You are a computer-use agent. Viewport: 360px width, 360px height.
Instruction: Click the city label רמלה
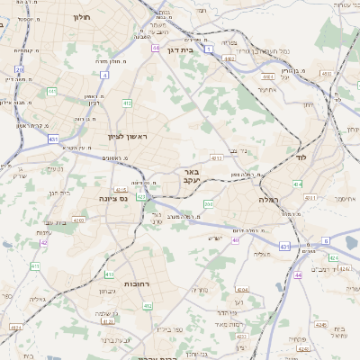[x=269, y=198]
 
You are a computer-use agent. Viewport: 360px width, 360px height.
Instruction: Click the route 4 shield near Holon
[x=104, y=76]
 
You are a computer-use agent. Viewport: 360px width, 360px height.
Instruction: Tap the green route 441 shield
[x=52, y=91]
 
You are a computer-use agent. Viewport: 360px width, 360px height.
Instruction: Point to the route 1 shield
[x=209, y=49]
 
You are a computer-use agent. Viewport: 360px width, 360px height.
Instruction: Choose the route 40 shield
[x=235, y=240]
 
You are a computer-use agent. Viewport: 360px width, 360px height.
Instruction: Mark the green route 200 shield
[x=208, y=204]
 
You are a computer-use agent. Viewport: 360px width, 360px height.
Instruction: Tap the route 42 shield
[x=44, y=242]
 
